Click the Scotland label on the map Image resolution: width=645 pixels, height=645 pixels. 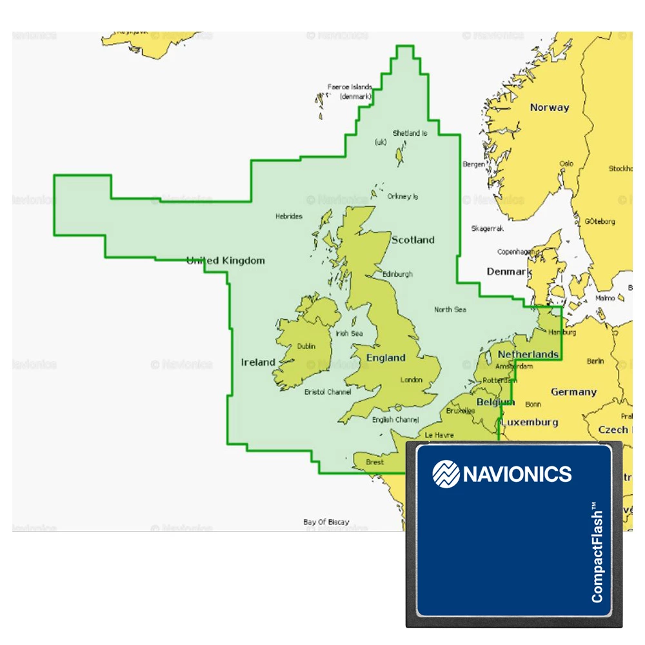(x=413, y=240)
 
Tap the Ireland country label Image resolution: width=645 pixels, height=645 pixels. (x=258, y=362)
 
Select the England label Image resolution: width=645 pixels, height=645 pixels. (x=386, y=358)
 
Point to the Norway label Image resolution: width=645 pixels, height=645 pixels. (x=550, y=108)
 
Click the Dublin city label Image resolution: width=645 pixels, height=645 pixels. (x=306, y=346)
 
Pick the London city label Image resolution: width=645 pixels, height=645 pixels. (x=412, y=380)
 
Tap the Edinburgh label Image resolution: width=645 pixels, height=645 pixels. (x=397, y=274)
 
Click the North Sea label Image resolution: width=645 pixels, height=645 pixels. (x=450, y=310)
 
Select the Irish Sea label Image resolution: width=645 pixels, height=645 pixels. (x=350, y=333)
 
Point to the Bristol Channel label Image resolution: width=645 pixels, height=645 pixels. (x=328, y=392)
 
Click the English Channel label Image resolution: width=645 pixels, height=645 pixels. (x=395, y=420)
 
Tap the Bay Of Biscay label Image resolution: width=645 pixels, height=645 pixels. (x=326, y=522)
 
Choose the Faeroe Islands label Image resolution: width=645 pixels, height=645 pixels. (x=350, y=86)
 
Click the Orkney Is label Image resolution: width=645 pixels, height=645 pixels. (x=402, y=196)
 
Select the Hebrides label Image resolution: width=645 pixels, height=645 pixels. (x=288, y=216)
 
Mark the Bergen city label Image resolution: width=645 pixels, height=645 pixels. (x=474, y=164)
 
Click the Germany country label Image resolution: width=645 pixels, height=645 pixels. (x=573, y=392)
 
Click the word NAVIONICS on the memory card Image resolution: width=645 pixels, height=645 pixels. (x=517, y=475)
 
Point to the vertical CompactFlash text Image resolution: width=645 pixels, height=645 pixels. (x=597, y=555)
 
